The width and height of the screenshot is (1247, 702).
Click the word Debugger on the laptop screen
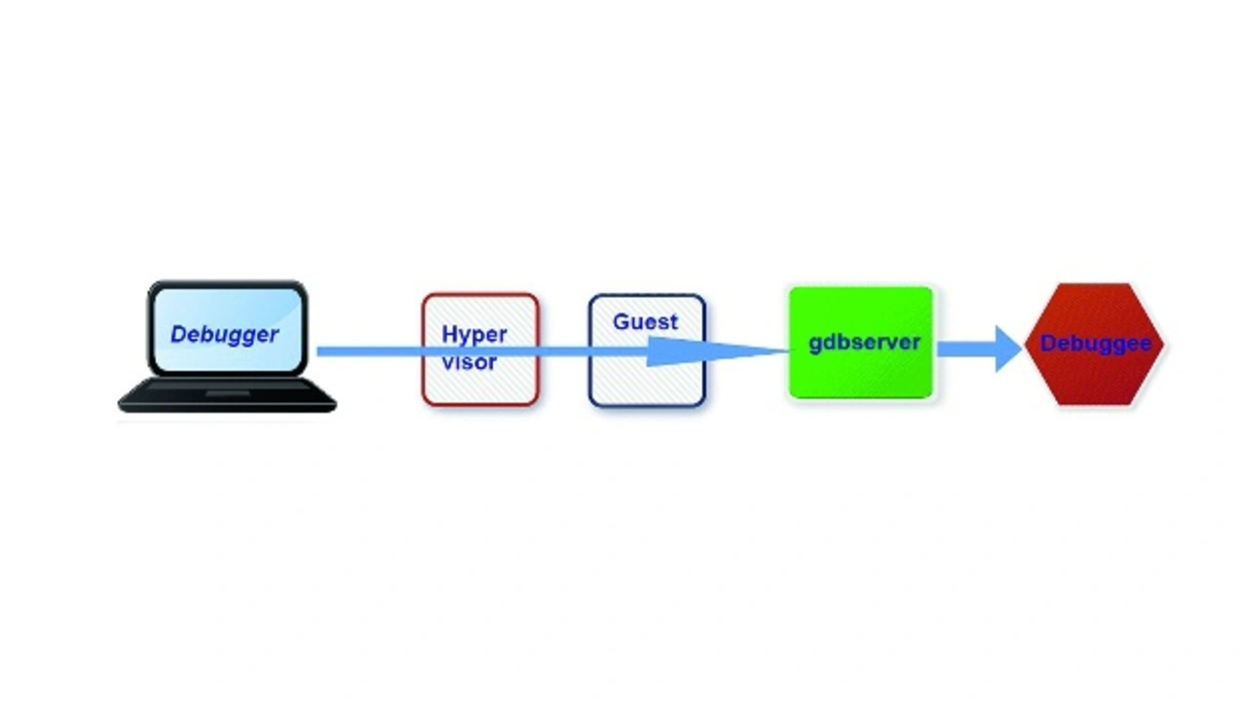click(x=224, y=335)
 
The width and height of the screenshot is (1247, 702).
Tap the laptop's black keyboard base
click(x=227, y=395)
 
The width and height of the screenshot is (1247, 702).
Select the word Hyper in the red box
click(x=474, y=336)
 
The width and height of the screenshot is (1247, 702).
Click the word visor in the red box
click(x=470, y=362)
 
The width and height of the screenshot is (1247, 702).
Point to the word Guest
click(x=646, y=322)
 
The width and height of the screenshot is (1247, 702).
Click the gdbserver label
click(x=864, y=342)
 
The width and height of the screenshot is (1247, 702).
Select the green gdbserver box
click(x=861, y=343)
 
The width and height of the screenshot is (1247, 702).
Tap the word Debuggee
click(x=1096, y=344)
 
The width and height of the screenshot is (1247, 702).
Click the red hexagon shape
click(x=1094, y=345)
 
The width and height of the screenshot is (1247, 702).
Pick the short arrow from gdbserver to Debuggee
click(x=980, y=349)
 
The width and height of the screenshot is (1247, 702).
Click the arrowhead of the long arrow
click(x=718, y=351)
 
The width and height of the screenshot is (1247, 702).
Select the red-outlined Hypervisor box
click(x=480, y=350)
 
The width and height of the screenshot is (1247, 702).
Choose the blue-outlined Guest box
click(x=648, y=351)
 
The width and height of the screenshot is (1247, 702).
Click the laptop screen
click(x=228, y=329)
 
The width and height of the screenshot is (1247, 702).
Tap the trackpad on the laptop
click(x=228, y=393)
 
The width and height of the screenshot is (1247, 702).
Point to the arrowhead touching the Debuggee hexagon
click(x=1008, y=349)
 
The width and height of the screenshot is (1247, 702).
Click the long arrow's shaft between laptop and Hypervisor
click(x=369, y=351)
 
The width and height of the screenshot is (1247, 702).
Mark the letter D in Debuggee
click(x=1048, y=343)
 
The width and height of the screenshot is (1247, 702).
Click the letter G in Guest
click(x=622, y=322)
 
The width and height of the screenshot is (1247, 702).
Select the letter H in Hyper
click(x=450, y=334)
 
